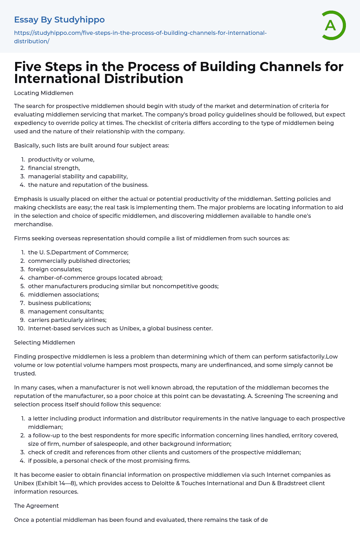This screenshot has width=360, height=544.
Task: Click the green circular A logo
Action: [331, 25]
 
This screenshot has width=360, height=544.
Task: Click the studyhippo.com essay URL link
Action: [140, 37]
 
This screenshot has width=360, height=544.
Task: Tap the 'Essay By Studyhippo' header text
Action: [59, 20]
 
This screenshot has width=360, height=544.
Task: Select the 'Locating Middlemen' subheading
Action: [44, 93]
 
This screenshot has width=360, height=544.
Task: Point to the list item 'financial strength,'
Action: [54, 168]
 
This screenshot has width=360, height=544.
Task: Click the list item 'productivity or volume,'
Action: [61, 160]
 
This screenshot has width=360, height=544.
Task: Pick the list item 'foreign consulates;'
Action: [55, 270]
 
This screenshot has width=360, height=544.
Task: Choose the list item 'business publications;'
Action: [59, 303]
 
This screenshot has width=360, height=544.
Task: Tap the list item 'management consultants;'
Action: [66, 312]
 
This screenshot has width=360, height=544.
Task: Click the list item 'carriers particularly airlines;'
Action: [67, 320]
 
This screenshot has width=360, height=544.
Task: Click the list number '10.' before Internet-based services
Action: [21, 329]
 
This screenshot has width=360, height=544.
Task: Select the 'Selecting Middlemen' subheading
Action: [44, 343]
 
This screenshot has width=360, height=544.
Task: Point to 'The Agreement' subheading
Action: [36, 506]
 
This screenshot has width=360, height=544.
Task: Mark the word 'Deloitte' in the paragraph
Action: [163, 483]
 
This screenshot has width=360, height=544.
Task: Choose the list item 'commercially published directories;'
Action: [79, 261]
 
